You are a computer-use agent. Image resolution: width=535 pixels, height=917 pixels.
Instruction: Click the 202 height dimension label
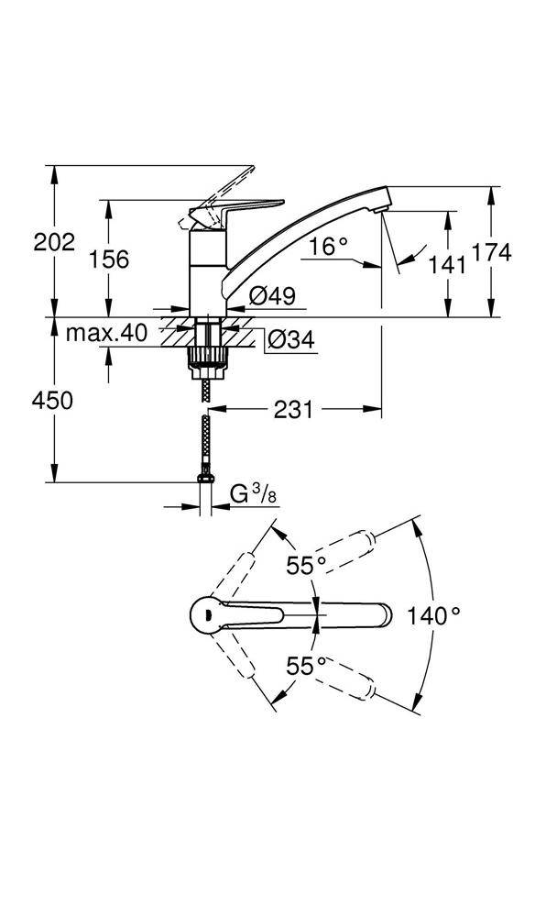(x=54, y=242)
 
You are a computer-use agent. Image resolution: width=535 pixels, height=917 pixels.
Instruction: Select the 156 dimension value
(x=109, y=260)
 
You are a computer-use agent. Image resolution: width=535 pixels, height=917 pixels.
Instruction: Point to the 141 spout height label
(x=447, y=264)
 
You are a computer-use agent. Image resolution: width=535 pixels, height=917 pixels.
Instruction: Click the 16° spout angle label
(x=329, y=246)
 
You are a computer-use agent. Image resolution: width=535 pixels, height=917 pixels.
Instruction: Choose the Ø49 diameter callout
(x=271, y=295)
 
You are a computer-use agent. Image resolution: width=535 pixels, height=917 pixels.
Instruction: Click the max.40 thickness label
(x=106, y=334)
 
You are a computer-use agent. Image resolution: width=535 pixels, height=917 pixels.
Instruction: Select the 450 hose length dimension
(x=53, y=400)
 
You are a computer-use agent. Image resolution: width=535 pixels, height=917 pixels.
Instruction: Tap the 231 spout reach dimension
(x=291, y=410)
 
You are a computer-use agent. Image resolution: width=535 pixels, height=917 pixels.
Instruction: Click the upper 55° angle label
(x=306, y=566)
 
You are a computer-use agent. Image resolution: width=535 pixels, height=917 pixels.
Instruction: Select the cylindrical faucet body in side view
(x=206, y=271)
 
